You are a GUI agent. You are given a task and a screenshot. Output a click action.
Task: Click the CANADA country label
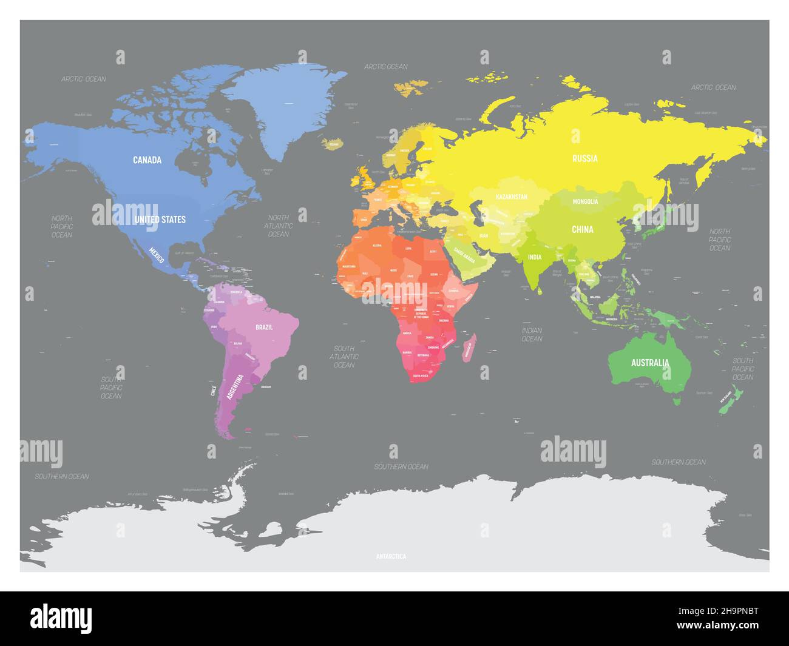pyautogui.click(x=147, y=160)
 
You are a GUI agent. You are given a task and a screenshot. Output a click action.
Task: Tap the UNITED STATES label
pyautogui.click(x=160, y=219)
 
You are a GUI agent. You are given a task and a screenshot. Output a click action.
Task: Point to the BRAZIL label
pyautogui.click(x=264, y=327)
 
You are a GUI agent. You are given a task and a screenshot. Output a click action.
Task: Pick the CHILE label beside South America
pyautogui.click(x=213, y=389)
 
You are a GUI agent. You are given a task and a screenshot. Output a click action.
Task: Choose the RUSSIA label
pyautogui.click(x=585, y=159)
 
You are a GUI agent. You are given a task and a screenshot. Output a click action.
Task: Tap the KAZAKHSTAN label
pyautogui.click(x=512, y=197)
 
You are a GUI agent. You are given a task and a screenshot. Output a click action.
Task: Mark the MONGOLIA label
pyautogui.click(x=586, y=201)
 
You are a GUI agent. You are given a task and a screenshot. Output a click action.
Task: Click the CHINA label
pyautogui.click(x=583, y=229)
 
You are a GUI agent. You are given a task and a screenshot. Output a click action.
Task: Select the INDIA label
pyautogui.click(x=534, y=257)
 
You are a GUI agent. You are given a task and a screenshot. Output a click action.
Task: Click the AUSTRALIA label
pyautogui.click(x=650, y=363)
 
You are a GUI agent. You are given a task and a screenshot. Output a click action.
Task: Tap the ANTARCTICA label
pyautogui.click(x=391, y=556)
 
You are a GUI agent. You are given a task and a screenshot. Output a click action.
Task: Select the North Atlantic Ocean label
pyautogui.click(x=279, y=226)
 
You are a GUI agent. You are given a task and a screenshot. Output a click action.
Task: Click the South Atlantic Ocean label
pyautogui.click(x=344, y=357)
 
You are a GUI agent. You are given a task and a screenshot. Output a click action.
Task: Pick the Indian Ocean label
pyautogui.click(x=532, y=334)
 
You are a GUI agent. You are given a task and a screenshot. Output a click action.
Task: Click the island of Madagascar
pyautogui.click(x=469, y=349)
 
